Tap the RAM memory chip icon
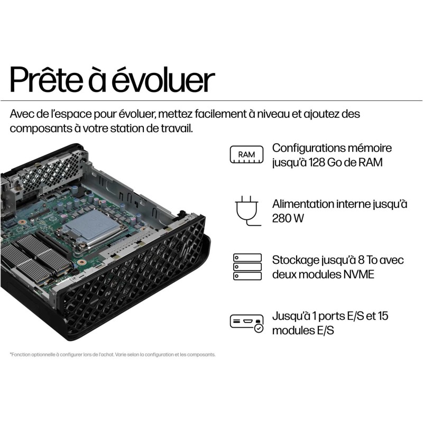click(x=246, y=154)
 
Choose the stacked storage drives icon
click(x=247, y=267)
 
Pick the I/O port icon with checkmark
click(x=246, y=323)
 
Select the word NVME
click(x=361, y=274)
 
